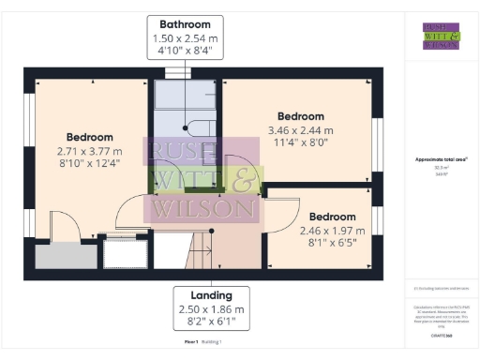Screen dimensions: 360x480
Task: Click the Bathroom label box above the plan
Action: point(191,37)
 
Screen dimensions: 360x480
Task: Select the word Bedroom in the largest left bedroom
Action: point(89,137)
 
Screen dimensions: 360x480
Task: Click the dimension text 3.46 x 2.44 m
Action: point(300,131)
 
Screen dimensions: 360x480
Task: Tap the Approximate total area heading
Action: point(441,159)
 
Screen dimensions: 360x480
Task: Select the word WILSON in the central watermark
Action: point(205,207)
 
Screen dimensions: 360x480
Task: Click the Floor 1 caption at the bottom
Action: point(191,342)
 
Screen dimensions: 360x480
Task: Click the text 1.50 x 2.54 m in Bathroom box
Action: point(191,38)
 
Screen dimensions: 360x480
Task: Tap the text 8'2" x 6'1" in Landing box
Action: point(211,322)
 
